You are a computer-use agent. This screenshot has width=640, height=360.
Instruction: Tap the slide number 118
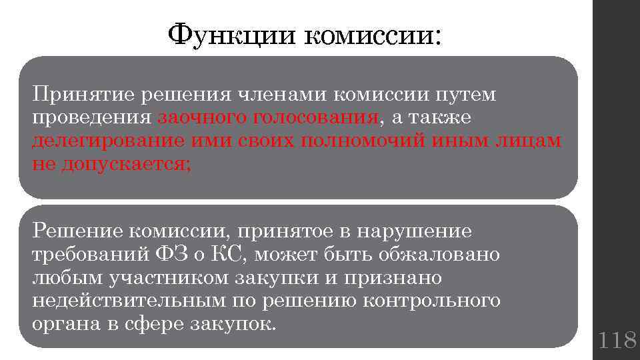click(x=617, y=341)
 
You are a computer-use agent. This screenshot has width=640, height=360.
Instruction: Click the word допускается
click(x=126, y=165)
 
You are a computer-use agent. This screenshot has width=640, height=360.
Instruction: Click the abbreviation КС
click(x=230, y=255)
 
